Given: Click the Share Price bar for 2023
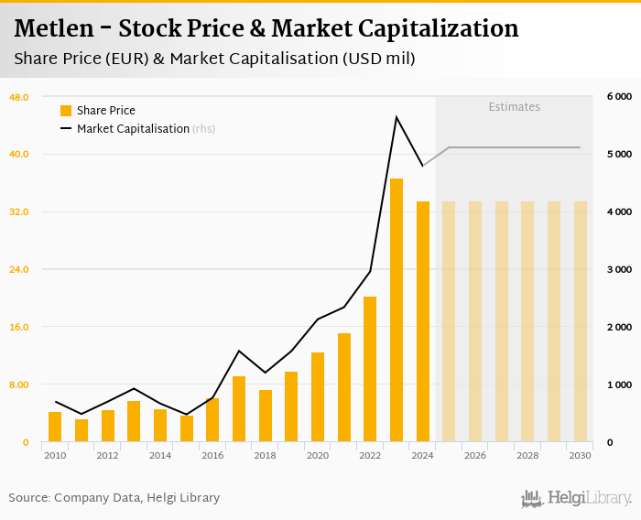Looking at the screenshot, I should click(x=397, y=310).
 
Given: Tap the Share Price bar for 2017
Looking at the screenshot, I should click(x=239, y=409).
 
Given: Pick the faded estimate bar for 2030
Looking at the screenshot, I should click(x=581, y=321).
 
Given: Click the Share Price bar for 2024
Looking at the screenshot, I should click(x=423, y=321).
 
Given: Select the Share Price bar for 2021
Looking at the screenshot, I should click(x=344, y=387).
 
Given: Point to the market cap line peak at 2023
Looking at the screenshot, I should click(x=397, y=117).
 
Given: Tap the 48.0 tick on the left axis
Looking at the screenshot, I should click(x=19, y=96).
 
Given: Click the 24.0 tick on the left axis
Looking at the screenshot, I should click(x=19, y=269).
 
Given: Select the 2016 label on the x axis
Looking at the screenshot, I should click(x=212, y=455).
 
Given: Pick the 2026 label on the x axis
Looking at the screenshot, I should click(x=475, y=455).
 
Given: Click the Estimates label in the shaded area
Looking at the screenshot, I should click(x=514, y=107).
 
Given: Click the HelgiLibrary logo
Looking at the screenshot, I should click(x=576, y=498).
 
